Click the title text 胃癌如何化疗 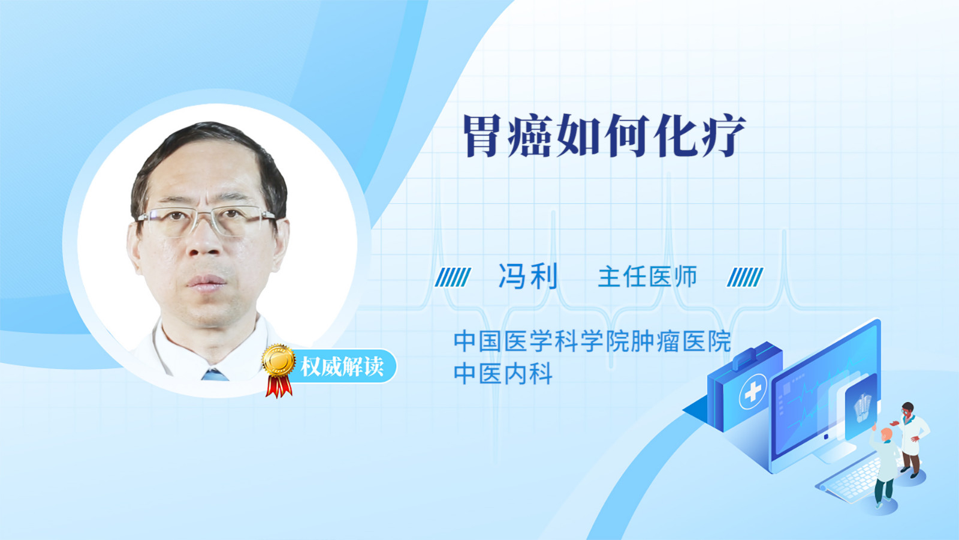(x=605, y=136)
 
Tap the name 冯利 (x=528, y=277)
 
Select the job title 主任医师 (x=648, y=277)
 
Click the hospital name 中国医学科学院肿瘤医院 (x=592, y=341)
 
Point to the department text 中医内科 (x=503, y=373)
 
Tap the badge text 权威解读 (x=342, y=367)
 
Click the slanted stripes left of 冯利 (x=453, y=277)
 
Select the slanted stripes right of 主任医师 (x=745, y=277)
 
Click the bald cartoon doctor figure (x=885, y=467)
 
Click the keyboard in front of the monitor (x=852, y=479)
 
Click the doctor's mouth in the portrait (x=206, y=282)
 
